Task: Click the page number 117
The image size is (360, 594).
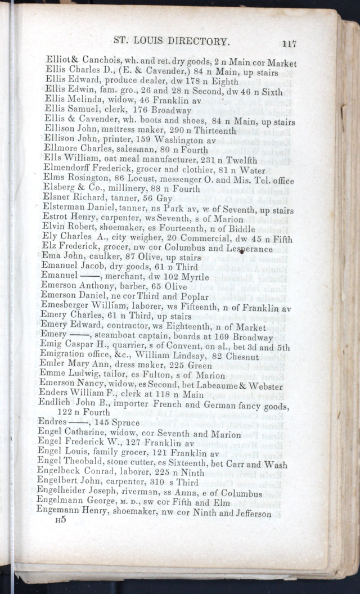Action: tap(289, 43)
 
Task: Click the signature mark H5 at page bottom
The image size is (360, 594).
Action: tap(60, 521)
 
